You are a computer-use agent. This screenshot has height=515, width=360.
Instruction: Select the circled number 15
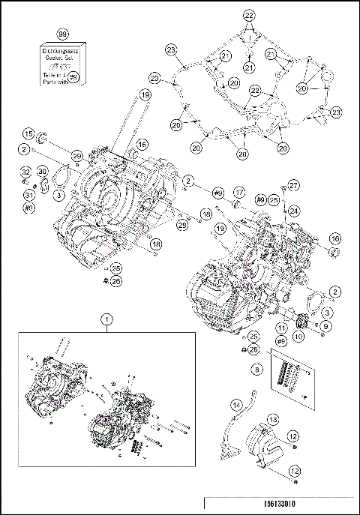tap(28, 134)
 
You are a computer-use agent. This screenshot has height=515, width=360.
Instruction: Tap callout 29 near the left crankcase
tap(76, 154)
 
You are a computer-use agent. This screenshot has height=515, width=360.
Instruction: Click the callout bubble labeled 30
tap(43, 172)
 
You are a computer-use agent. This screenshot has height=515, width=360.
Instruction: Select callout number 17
tap(240, 191)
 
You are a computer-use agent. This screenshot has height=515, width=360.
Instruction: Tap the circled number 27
tap(294, 185)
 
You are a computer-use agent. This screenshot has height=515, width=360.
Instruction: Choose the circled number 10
tap(299, 337)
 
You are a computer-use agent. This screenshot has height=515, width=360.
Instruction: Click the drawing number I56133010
tap(280, 504)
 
